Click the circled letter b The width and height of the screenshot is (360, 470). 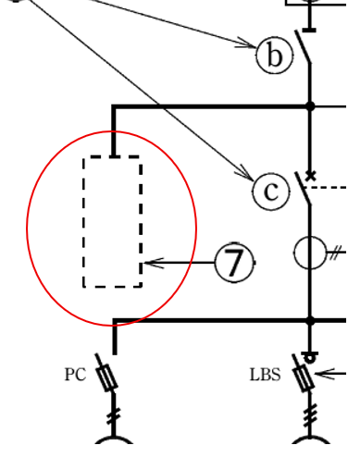point(274,56)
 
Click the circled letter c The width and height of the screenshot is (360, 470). point(270,191)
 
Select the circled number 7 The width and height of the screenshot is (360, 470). point(234,263)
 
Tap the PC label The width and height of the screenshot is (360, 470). point(75,375)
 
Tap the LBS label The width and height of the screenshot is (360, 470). point(265,375)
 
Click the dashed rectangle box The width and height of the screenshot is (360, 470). point(113,222)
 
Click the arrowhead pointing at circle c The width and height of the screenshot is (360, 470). point(245,175)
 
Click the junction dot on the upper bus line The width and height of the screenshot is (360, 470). point(310,107)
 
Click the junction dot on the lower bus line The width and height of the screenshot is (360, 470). point(310,321)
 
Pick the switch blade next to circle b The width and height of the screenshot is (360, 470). point(304,47)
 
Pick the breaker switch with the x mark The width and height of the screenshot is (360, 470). point(304,189)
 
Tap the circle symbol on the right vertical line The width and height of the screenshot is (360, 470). point(311,252)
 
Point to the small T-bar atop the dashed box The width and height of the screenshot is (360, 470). point(113,158)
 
